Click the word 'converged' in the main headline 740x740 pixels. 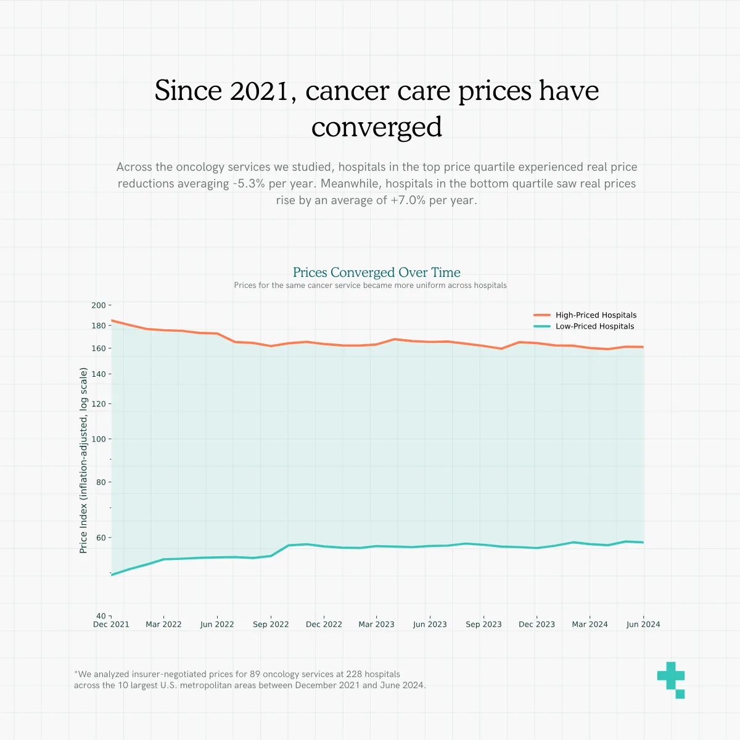[376, 127]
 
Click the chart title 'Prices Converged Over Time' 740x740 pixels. [376, 273]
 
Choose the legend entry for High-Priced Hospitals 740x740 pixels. [596, 315]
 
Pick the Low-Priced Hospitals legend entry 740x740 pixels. [594, 326]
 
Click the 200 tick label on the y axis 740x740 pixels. [99, 305]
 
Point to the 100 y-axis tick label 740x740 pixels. [99, 439]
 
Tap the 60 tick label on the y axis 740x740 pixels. [101, 538]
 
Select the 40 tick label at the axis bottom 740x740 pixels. [101, 616]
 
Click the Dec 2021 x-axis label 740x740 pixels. [111, 625]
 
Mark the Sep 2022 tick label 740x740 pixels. [271, 625]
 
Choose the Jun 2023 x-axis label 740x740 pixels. [430, 625]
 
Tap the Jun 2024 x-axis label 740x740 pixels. [643, 625]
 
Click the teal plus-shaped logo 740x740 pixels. [671, 679]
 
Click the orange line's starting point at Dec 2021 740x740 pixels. [112, 321]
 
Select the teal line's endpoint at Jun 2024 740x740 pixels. [643, 543]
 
